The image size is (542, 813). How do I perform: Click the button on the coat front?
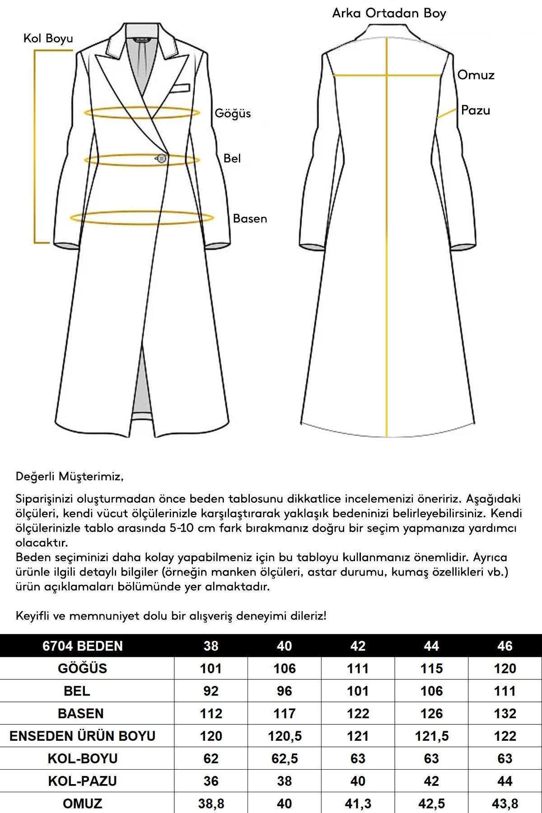tap(161, 158)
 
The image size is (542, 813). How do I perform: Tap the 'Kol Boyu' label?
tap(48, 38)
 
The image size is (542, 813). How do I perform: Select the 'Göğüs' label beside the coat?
tap(233, 113)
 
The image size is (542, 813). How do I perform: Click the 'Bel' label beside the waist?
tap(232, 158)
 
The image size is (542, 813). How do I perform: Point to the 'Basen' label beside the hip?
tap(250, 219)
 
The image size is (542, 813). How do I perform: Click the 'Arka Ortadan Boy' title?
tap(389, 13)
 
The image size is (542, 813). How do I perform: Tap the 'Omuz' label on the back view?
tap(476, 75)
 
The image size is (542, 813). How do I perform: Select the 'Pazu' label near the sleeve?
tap(475, 110)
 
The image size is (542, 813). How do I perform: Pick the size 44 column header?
tap(431, 646)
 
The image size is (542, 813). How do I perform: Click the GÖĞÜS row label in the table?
tap(82, 668)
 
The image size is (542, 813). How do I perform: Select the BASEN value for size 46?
tap(505, 714)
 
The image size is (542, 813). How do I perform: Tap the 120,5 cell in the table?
tap(285, 736)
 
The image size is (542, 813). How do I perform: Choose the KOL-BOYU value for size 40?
tap(285, 759)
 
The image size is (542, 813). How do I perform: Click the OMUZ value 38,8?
tap(211, 804)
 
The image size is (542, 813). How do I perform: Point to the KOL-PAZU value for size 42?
tap(358, 781)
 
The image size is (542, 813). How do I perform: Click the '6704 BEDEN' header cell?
tap(82, 646)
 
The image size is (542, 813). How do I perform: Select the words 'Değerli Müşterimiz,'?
tap(70, 477)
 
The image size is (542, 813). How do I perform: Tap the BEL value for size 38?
tap(211, 691)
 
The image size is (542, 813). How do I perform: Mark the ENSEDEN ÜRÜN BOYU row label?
tap(82, 736)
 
